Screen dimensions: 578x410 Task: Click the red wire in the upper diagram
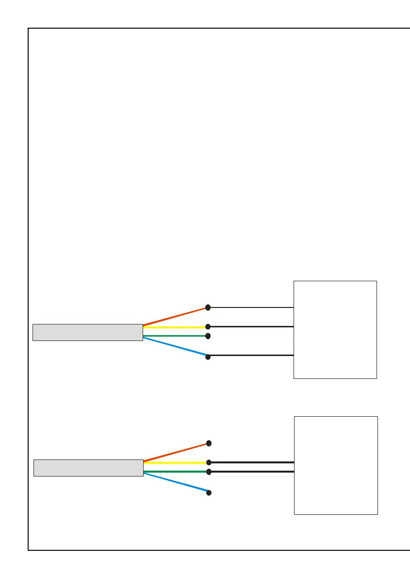tap(175, 316)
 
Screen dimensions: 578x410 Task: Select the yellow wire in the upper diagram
tap(175, 327)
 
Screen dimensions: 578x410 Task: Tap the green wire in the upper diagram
tap(175, 336)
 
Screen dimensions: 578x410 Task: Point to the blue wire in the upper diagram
tap(175, 347)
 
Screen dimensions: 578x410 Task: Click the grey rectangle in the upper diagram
tap(87, 332)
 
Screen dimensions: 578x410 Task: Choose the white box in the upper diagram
tap(335, 329)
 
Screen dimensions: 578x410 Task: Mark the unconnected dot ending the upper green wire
tap(208, 336)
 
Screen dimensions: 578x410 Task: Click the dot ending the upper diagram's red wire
tap(208, 307)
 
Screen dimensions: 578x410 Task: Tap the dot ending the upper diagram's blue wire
tap(208, 357)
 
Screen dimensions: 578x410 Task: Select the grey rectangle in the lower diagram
tap(88, 468)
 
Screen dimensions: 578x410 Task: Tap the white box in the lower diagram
tap(336, 465)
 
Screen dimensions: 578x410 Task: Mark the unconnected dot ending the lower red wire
tap(209, 443)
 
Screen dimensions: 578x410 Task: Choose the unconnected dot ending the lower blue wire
tap(209, 493)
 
